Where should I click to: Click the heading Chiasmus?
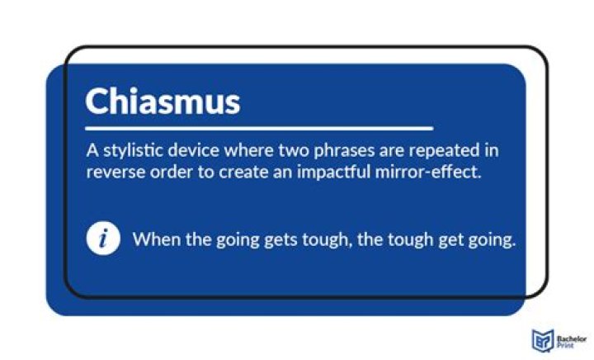[x=163, y=101]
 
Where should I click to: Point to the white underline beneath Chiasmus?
[x=259, y=129]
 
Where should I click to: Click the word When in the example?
[x=154, y=240]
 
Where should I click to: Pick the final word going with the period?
[x=490, y=240]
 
